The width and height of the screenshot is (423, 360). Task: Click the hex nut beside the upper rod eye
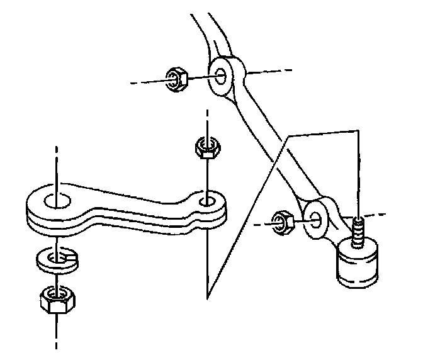[x=176, y=80]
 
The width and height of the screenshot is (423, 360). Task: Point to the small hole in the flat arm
[x=206, y=202]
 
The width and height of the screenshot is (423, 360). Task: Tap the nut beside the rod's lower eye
[x=281, y=222]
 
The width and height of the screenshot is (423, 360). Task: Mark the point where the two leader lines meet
[x=207, y=296]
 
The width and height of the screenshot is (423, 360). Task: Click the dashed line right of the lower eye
[x=371, y=213]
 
